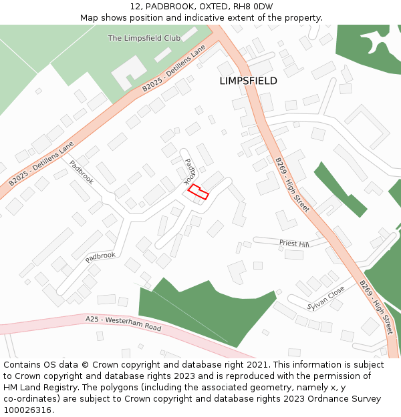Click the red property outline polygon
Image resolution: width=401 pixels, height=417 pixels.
(198, 192)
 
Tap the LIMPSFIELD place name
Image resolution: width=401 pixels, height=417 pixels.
(248, 81)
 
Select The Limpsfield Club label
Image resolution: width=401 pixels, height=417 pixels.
(144, 38)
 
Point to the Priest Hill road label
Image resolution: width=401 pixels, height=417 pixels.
(294, 244)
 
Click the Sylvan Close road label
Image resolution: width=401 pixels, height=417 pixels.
(326, 298)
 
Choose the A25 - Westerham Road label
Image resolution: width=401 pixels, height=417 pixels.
(124, 324)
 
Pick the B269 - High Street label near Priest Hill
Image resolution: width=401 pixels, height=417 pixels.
(292, 185)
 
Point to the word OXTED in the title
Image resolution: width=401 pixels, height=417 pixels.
(200, 7)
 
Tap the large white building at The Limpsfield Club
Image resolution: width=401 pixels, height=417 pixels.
(129, 72)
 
